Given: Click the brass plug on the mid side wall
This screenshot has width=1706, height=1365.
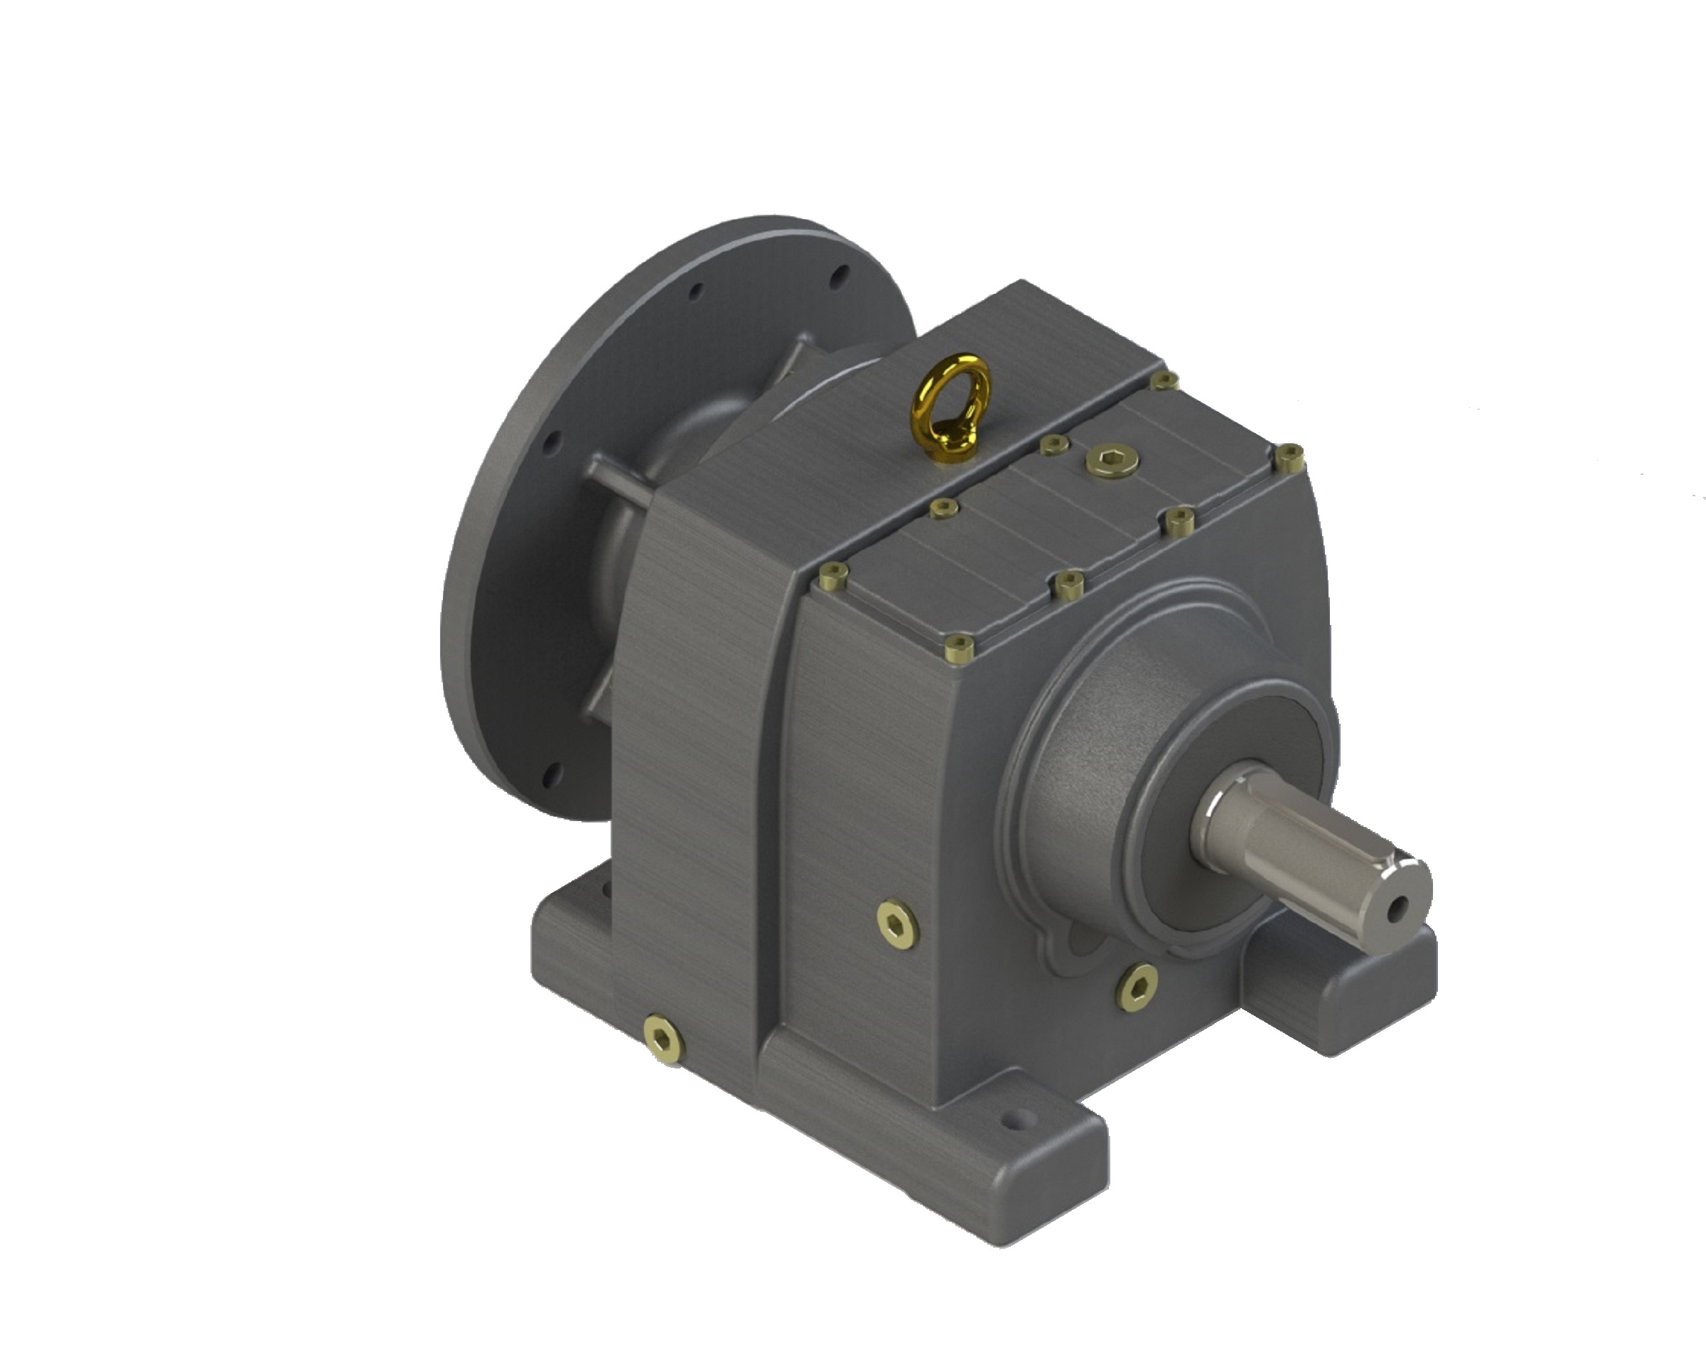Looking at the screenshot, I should pos(898,924).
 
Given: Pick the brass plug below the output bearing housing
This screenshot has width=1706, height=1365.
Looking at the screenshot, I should pos(1137,984).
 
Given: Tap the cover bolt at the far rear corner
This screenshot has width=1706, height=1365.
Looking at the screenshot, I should pos(1164,381).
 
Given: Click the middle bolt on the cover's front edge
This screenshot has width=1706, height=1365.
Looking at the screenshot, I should pos(1068,585).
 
